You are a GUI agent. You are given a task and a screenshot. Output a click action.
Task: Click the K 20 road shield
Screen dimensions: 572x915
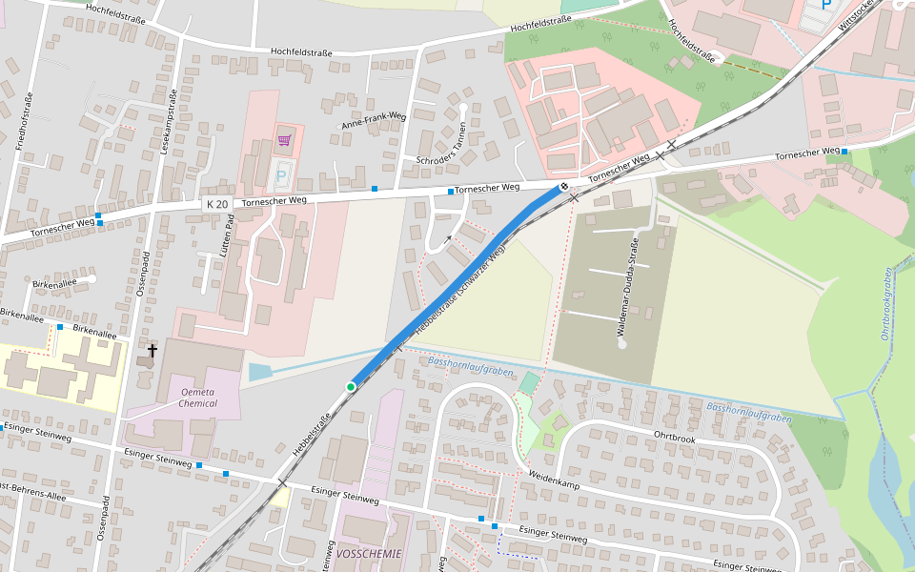(x=216, y=204)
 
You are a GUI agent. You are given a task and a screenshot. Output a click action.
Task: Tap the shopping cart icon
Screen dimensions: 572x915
(x=284, y=141)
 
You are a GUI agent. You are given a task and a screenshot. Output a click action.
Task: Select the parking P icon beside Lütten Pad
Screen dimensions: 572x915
(x=281, y=175)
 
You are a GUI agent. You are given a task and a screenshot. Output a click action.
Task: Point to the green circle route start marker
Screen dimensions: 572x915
(x=351, y=386)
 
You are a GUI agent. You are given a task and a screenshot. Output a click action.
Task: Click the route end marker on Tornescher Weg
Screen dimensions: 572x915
(x=564, y=187)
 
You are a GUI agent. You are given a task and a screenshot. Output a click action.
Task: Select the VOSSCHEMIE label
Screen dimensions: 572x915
(x=370, y=553)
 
